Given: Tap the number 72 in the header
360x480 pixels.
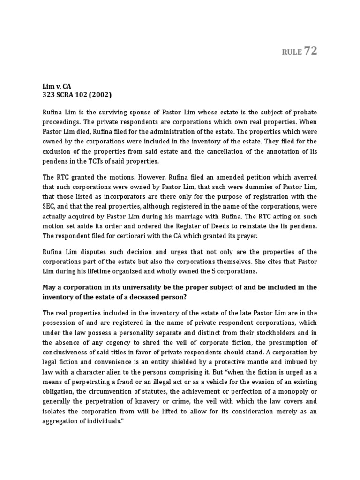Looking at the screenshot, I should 310,51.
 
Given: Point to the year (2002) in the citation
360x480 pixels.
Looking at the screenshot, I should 99,96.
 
